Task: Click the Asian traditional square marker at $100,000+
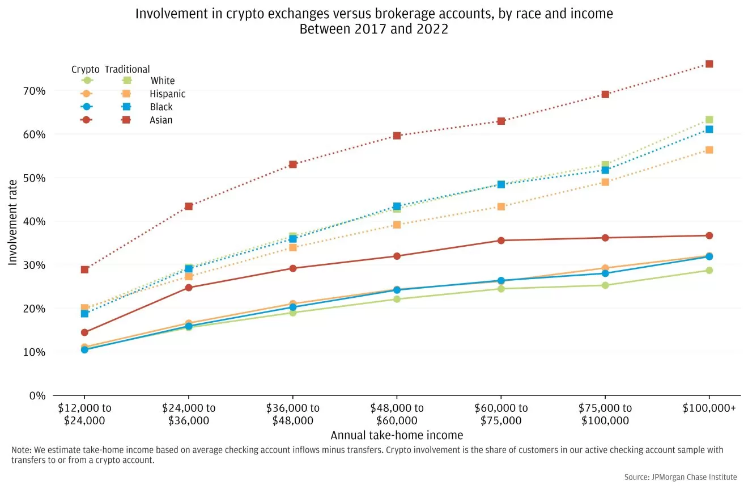click(x=709, y=64)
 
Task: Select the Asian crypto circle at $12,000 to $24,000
click(x=84, y=332)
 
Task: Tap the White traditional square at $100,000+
click(x=709, y=120)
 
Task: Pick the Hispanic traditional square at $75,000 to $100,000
click(x=605, y=182)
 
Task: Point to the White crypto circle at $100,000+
click(x=709, y=270)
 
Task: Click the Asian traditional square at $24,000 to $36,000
click(x=189, y=206)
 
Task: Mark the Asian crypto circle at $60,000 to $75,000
click(x=501, y=241)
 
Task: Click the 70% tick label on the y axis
click(x=34, y=91)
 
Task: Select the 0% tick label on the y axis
click(x=37, y=395)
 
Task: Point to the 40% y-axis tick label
click(x=34, y=221)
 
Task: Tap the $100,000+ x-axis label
click(x=709, y=408)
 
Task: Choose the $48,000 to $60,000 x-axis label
click(x=397, y=414)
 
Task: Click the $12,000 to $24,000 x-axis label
click(x=84, y=414)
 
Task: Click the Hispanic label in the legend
click(x=167, y=94)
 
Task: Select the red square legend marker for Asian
click(x=127, y=120)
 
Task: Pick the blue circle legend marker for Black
click(x=87, y=107)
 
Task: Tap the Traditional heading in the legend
click(x=127, y=69)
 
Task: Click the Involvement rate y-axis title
click(x=13, y=221)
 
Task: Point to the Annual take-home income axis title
click(x=397, y=436)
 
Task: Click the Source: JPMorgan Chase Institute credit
click(x=681, y=477)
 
